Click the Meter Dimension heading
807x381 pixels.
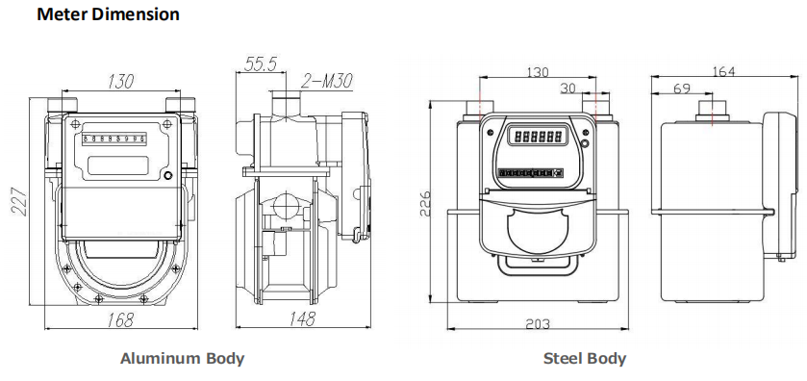tap(108, 13)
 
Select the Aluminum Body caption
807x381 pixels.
tap(182, 358)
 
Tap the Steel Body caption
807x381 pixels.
tap(585, 358)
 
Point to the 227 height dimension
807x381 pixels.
tap(19, 202)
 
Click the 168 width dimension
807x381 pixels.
tap(120, 319)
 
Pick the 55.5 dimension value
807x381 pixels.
tap(261, 63)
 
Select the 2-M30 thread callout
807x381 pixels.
tap(327, 81)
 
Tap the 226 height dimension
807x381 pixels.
tap(424, 203)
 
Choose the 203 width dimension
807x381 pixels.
tap(538, 324)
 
